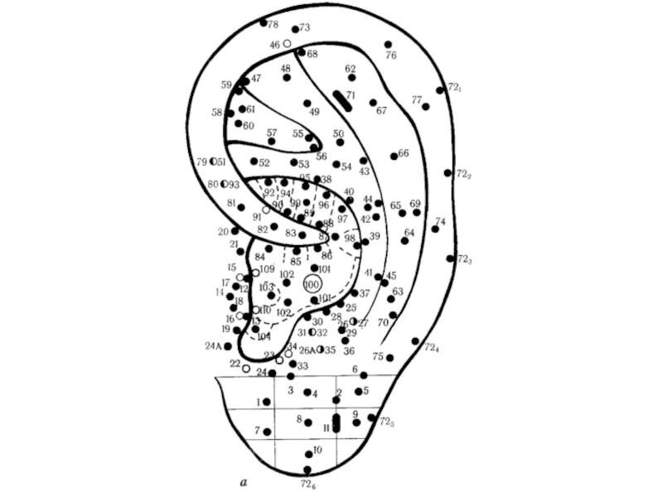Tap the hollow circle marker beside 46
pyautogui.click(x=288, y=43)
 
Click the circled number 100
pyautogui.click(x=312, y=284)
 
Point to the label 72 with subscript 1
pyautogui.click(x=455, y=87)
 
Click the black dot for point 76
pyautogui.click(x=388, y=45)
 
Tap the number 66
pyautogui.click(x=404, y=153)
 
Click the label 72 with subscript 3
pyautogui.click(x=465, y=259)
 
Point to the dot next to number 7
pyautogui.click(x=267, y=432)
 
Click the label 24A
pyautogui.click(x=213, y=345)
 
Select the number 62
pyautogui.click(x=350, y=69)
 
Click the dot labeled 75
pyautogui.click(x=390, y=358)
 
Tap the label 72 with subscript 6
pyautogui.click(x=307, y=484)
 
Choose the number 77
pyautogui.click(x=416, y=100)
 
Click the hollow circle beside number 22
pyautogui.click(x=246, y=368)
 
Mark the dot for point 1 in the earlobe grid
pyautogui.click(x=267, y=402)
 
